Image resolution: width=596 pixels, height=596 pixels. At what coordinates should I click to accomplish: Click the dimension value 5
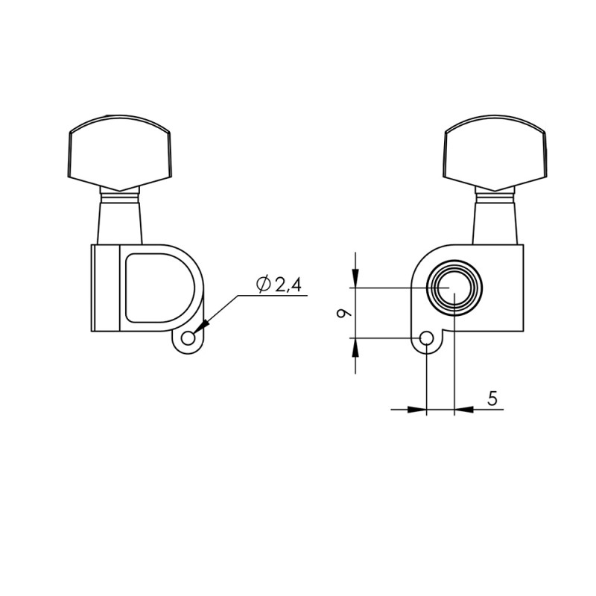point(492,398)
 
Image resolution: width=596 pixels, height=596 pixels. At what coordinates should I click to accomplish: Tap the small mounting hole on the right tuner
point(426,339)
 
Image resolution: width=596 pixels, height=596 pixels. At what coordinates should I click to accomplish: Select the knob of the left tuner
point(120,151)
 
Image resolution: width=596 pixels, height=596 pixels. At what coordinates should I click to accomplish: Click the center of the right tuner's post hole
point(454,288)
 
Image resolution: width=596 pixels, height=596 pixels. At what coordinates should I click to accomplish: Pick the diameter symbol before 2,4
point(262,284)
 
